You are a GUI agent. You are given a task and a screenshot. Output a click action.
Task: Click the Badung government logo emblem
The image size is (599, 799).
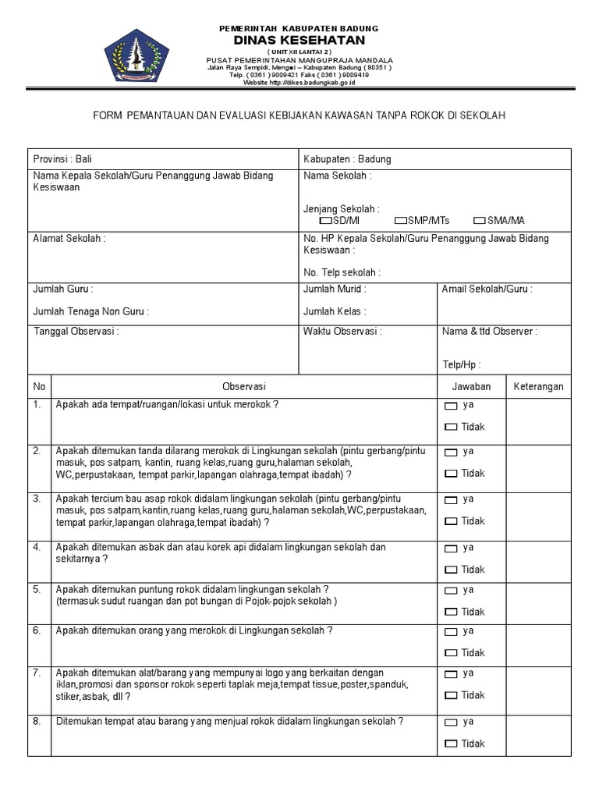137,55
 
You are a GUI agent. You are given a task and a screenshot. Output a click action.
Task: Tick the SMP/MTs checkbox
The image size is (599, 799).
401,221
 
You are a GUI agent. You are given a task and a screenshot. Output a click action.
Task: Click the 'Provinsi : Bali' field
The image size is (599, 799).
62,159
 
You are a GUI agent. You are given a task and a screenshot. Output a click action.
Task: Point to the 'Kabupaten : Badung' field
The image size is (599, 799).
347,159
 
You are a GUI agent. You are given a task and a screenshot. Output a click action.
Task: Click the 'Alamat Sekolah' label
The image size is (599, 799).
69,239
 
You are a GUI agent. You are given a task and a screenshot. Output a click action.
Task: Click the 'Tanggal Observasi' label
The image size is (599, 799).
76,332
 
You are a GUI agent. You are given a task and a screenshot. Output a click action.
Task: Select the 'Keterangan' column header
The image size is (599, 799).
538,386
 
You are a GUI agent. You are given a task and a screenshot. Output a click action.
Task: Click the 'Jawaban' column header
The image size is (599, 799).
471,386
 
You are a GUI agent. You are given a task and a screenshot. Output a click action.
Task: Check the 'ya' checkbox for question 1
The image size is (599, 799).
451,406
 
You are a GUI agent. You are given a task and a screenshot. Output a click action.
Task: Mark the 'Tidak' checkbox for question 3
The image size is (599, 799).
451,521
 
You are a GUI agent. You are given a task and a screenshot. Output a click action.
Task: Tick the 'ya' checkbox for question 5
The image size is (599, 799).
451,591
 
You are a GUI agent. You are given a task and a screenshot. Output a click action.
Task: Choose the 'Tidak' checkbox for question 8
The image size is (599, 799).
451,744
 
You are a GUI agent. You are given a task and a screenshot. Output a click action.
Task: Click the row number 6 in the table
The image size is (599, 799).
37,630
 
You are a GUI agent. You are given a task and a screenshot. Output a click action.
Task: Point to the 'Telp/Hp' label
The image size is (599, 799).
461,365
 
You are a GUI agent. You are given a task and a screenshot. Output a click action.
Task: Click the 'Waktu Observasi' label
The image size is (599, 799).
342,332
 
